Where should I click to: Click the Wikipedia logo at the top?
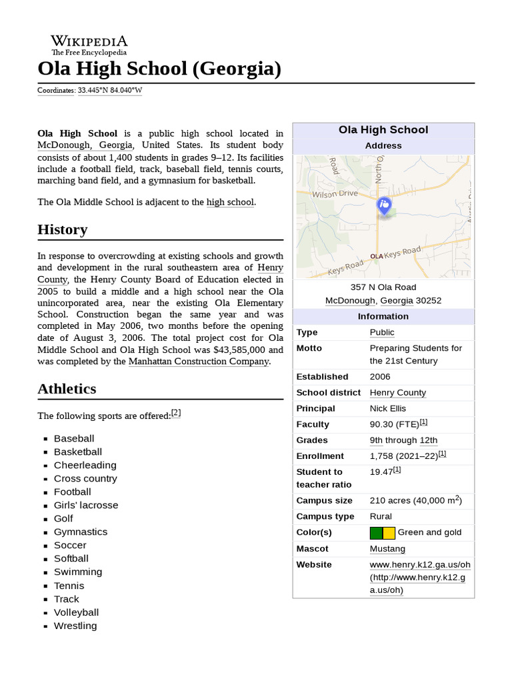[89, 44]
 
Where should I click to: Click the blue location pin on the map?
[384, 205]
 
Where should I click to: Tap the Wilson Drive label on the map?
[335, 193]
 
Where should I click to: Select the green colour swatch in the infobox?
[376, 532]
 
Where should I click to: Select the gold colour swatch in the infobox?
[389, 532]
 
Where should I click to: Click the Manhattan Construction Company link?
[199, 362]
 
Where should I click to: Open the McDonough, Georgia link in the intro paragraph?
[85, 145]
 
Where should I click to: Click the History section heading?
[63, 229]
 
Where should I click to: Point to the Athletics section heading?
[67, 389]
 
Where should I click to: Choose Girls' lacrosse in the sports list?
[86, 506]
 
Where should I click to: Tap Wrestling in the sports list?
[75, 626]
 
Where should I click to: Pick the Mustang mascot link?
[387, 548]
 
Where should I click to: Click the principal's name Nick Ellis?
[388, 408]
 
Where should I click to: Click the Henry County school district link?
[398, 393]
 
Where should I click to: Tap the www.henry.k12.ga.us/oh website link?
[420, 564]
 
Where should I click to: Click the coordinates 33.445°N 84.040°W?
[110, 90]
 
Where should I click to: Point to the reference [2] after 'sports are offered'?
[176, 413]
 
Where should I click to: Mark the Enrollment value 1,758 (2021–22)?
[404, 456]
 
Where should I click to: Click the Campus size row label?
[325, 500]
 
